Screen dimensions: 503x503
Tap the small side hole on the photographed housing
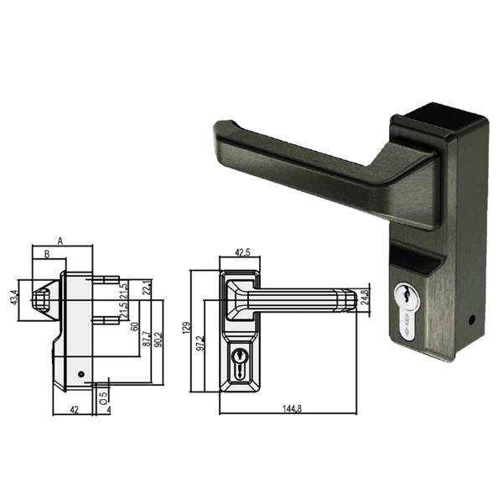point(474,320)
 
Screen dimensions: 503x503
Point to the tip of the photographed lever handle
point(223,129)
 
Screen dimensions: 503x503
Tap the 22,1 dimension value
point(146,288)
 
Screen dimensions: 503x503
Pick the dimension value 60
point(135,327)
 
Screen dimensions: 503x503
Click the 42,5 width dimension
point(242,252)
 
